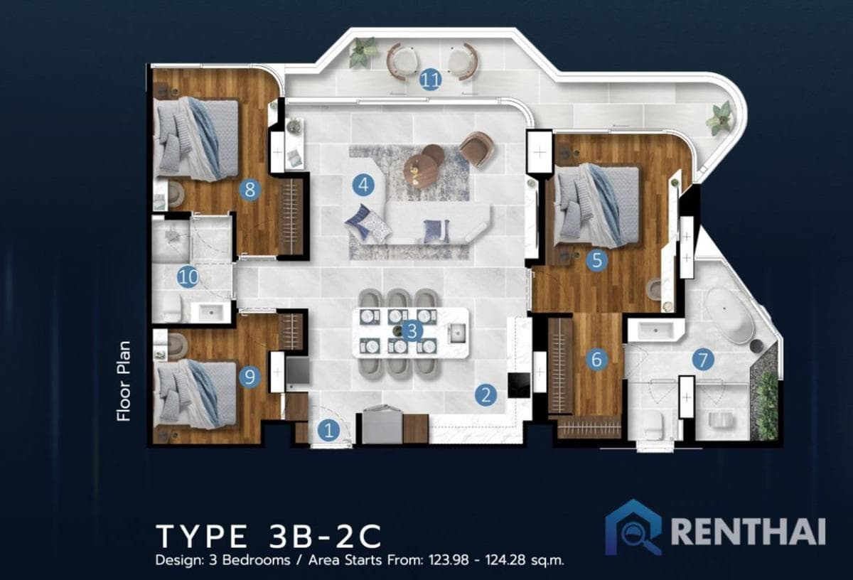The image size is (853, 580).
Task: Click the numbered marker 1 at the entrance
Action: (328, 429)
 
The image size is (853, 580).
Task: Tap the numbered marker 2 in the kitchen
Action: (485, 395)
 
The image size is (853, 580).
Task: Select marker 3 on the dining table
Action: (412, 331)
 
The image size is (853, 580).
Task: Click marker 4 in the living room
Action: (363, 186)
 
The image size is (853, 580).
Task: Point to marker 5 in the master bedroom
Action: (596, 261)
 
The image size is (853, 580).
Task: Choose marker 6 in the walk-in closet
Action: (596, 360)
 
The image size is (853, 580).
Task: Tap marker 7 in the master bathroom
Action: (703, 360)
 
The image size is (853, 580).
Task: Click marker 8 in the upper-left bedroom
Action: (250, 190)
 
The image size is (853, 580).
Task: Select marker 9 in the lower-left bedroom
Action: (249, 377)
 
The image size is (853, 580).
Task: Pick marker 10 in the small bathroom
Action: (188, 277)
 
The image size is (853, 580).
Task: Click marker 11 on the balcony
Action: (429, 80)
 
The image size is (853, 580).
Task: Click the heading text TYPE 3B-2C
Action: (269, 535)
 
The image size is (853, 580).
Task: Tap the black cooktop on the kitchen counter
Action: (518, 385)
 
